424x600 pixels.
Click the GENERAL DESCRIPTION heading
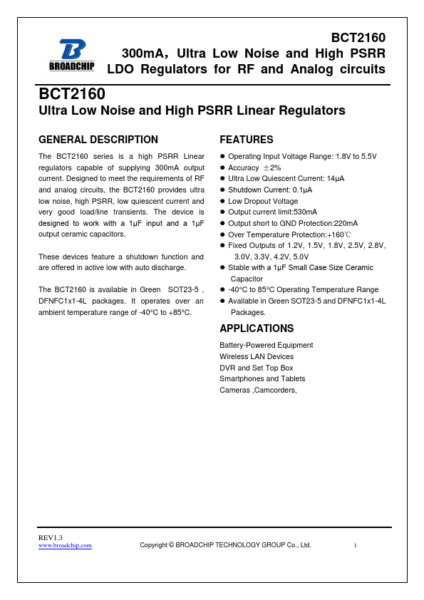point(98,140)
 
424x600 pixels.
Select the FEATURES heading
point(246,140)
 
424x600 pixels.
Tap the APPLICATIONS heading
point(257,329)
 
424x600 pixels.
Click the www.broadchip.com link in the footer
point(65,545)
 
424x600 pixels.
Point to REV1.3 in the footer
point(51,537)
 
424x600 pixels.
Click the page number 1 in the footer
point(355,545)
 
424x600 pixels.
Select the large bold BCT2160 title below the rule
point(72,94)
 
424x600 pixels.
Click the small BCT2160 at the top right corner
point(358,38)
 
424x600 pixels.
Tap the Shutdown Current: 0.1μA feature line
point(269,190)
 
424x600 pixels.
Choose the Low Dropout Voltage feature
point(263,201)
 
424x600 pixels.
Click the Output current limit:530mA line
point(272,212)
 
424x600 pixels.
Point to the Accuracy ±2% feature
point(254,167)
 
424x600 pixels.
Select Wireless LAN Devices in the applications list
point(257,356)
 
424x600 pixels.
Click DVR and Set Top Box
point(256,368)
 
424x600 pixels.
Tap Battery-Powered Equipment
point(266,345)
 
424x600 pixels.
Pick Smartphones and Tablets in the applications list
point(262,378)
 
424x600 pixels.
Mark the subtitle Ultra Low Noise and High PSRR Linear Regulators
point(192,110)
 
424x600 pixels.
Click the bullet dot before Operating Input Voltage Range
point(222,156)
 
